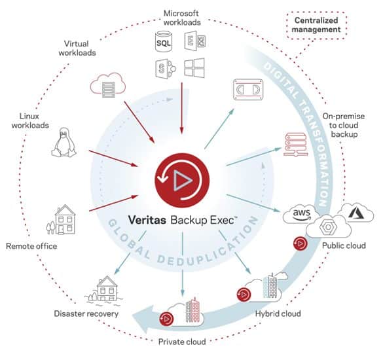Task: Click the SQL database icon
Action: coord(164,41)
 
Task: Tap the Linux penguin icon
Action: coord(64,143)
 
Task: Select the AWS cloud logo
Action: coord(301,215)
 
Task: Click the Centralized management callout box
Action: coord(317,25)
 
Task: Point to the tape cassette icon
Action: coord(248,90)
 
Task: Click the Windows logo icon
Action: coord(194,68)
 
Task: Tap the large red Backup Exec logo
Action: coord(182,180)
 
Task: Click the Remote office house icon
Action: coord(62,219)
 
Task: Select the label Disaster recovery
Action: coord(86,314)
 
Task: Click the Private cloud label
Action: coord(182,342)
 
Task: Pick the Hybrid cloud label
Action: coord(278,314)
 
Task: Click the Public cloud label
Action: coord(344,245)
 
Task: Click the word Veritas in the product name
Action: coord(147,220)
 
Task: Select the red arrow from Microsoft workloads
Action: coord(181,108)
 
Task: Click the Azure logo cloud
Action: coord(357,213)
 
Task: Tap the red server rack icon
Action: coord(295,145)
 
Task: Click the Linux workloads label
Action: coord(30,120)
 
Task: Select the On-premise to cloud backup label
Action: coord(344,125)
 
